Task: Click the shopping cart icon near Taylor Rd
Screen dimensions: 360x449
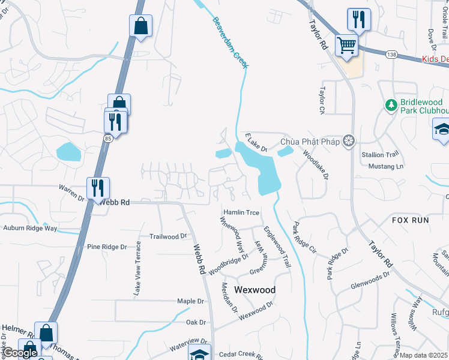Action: tap(346, 44)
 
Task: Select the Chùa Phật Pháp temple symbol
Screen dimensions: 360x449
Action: tap(348, 142)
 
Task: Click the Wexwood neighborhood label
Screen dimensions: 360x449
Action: tap(255, 290)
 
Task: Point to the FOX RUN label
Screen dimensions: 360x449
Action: tap(411, 220)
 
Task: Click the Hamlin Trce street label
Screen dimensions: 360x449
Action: tap(241, 212)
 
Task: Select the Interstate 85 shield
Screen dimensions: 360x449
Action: tap(107, 139)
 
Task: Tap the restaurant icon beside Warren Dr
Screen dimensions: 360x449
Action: tap(98, 187)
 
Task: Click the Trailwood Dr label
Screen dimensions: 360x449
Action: tap(168, 236)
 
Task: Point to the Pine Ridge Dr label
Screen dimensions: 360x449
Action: tap(107, 247)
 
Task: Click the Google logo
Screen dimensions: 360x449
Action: tap(20, 353)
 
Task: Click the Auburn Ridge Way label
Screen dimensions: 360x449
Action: tap(30, 228)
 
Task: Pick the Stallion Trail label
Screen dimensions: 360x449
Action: tap(380, 154)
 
